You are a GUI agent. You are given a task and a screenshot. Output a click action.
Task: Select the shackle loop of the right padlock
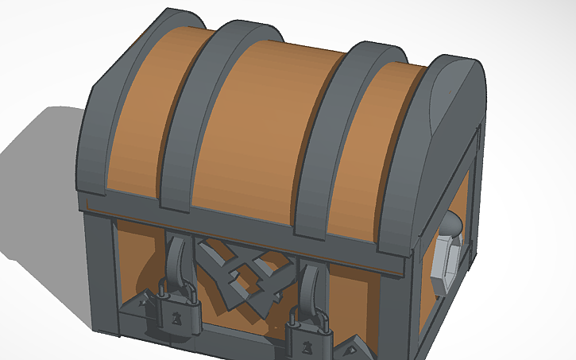tap(309, 317)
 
